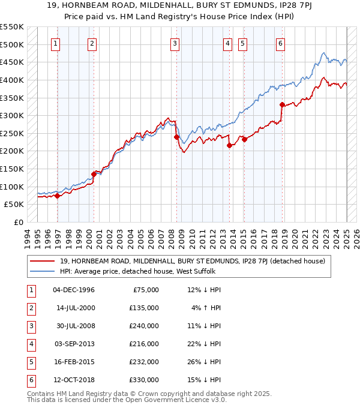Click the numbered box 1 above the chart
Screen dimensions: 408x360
[55, 43]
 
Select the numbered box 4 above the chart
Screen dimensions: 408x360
[228, 43]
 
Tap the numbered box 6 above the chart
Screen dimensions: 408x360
[280, 43]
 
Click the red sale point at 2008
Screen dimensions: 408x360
[176, 137]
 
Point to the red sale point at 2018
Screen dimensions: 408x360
[282, 105]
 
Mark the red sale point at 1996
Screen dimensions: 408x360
[57, 196]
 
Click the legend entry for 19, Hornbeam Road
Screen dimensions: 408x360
[192, 261]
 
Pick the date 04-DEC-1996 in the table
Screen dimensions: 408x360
[74, 290]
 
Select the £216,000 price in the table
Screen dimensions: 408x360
[144, 344]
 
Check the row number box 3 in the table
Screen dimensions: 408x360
[30, 326]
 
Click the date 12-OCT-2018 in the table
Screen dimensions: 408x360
[74, 380]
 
